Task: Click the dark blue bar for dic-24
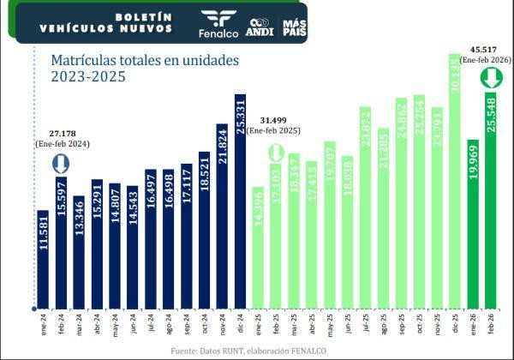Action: tap(240, 201)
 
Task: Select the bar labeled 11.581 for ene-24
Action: tap(42, 257)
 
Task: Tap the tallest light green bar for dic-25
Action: tap(455, 180)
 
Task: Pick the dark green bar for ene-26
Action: tap(473, 223)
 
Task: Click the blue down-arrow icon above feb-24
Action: tap(60, 165)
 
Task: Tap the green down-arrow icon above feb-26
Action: tap(491, 79)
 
